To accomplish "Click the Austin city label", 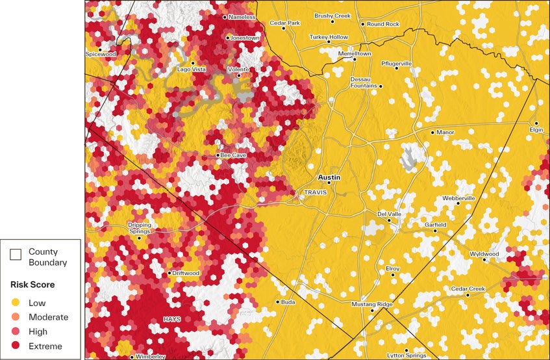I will pyautogui.click(x=329, y=177).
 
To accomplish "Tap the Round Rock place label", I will pyautogui.click(x=383, y=24).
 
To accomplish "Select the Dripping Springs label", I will pyautogui.click(x=139, y=228).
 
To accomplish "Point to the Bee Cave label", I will pyautogui.click(x=232, y=155).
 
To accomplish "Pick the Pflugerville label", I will pyautogui.click(x=396, y=64).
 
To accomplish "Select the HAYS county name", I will pyautogui.click(x=172, y=319).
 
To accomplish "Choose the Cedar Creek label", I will pyautogui.click(x=468, y=289).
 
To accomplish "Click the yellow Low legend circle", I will pyautogui.click(x=14, y=303).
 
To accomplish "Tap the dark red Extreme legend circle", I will pyautogui.click(x=14, y=346).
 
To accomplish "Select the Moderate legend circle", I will pyautogui.click(x=14, y=317).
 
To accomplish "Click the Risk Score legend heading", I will pyautogui.click(x=32, y=285).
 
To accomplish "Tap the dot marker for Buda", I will pyautogui.click(x=278, y=302).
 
